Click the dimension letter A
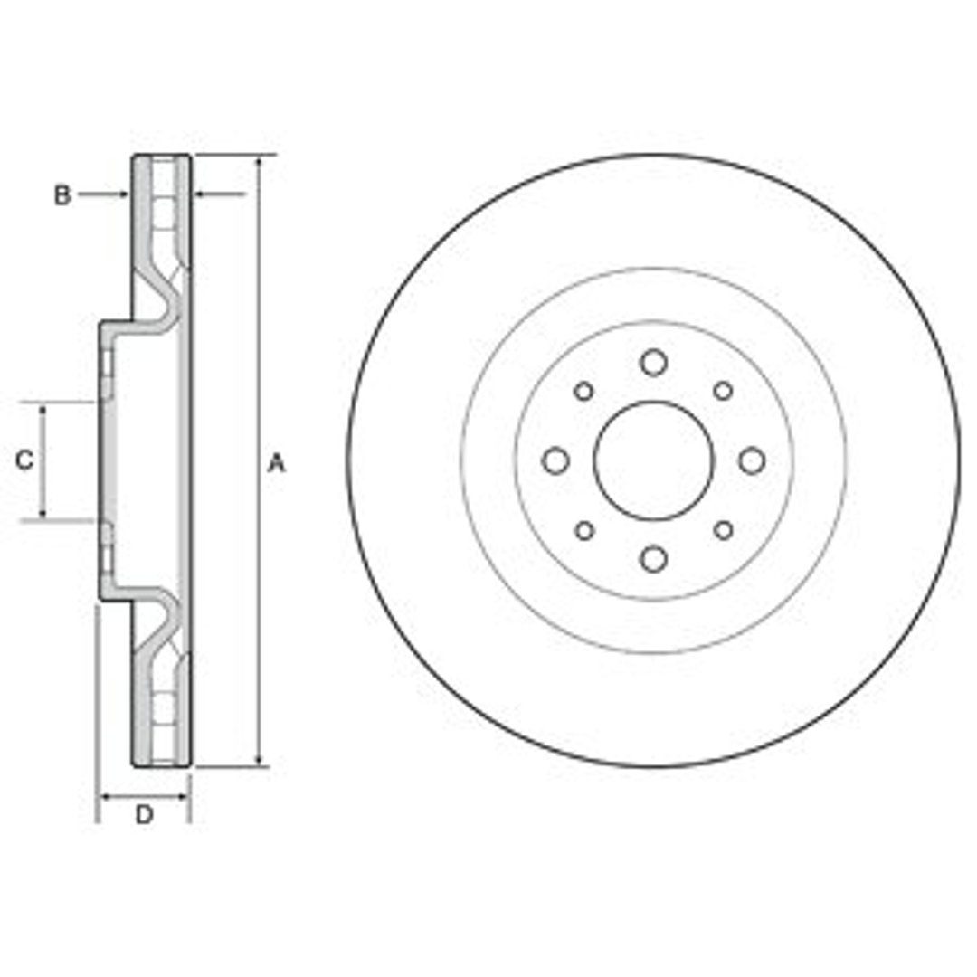[x=276, y=463]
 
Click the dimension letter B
[x=62, y=195]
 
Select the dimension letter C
[x=24, y=460]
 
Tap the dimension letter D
[x=144, y=814]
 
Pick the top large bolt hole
[x=654, y=362]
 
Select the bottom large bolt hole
[x=654, y=559]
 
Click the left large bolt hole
[x=555, y=461]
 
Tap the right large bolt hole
[x=752, y=461]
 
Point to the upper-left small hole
[x=583, y=392]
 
